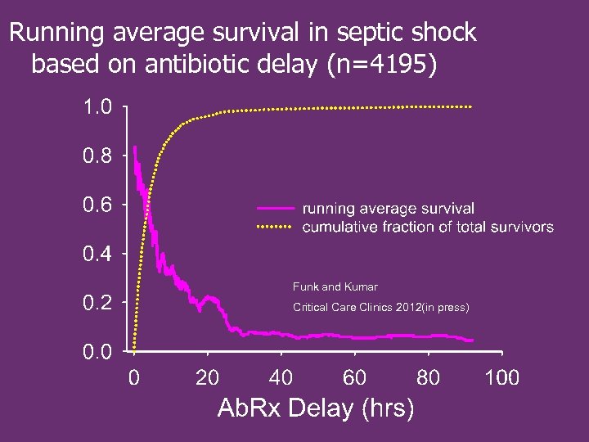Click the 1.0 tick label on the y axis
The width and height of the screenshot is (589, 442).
pyautogui.click(x=97, y=106)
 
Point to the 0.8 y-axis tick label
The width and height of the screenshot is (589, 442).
pyautogui.click(x=97, y=156)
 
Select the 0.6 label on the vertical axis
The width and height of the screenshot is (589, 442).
pyautogui.click(x=97, y=205)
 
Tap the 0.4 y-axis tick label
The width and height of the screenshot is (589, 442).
pyautogui.click(x=97, y=254)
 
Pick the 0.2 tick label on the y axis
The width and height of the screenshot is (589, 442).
pyautogui.click(x=97, y=303)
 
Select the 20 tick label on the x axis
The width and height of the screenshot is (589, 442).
pyautogui.click(x=207, y=377)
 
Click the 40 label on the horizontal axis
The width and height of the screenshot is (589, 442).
pyautogui.click(x=281, y=377)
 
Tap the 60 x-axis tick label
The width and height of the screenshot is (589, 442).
pyautogui.click(x=354, y=377)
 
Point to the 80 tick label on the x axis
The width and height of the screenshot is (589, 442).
pyautogui.click(x=428, y=377)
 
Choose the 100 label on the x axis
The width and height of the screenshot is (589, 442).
pyautogui.click(x=501, y=377)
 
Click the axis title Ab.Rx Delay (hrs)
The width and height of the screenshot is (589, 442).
pyautogui.click(x=316, y=408)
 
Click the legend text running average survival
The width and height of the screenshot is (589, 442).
pyautogui.click(x=388, y=210)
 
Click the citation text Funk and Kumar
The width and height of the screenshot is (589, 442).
pyautogui.click(x=335, y=287)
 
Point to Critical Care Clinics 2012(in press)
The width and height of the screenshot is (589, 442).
pyautogui.click(x=380, y=308)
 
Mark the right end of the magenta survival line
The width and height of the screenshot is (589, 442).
pyautogui.click(x=472, y=340)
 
